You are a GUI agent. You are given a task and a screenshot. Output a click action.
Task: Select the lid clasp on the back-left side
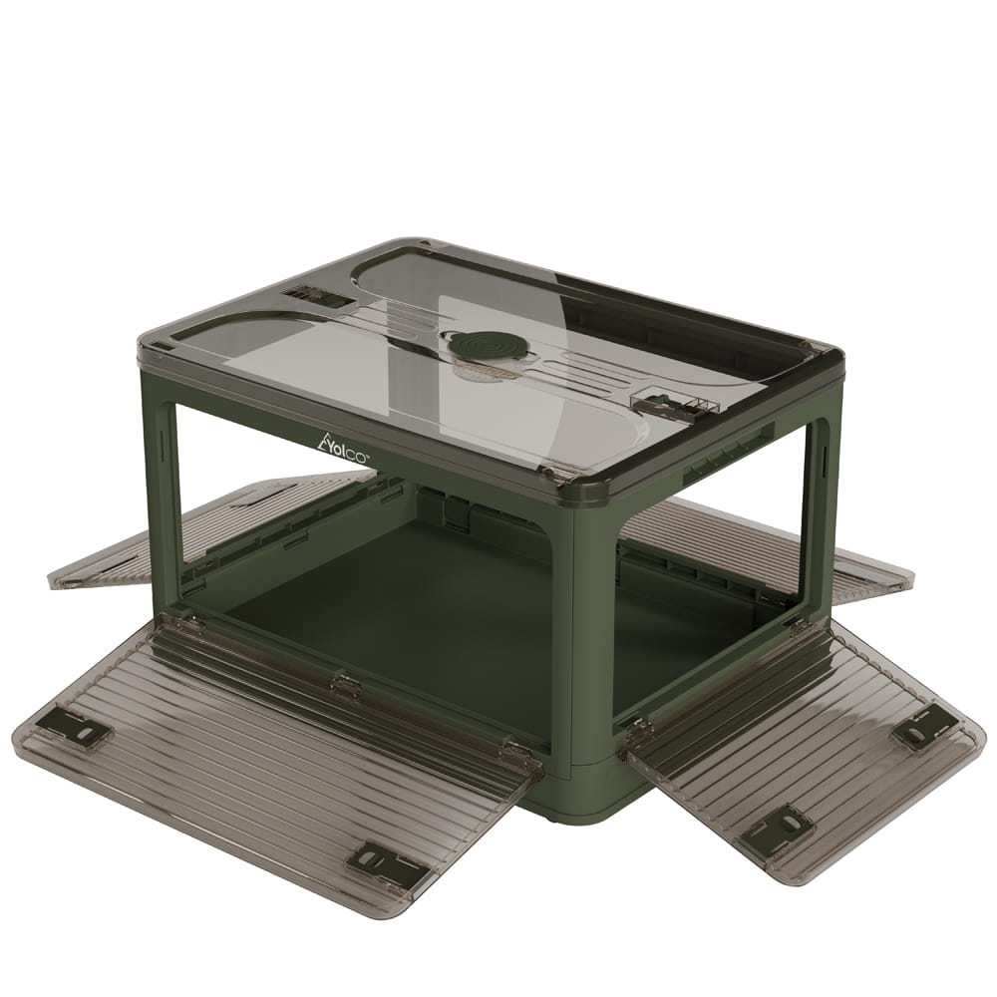point(311,296)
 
